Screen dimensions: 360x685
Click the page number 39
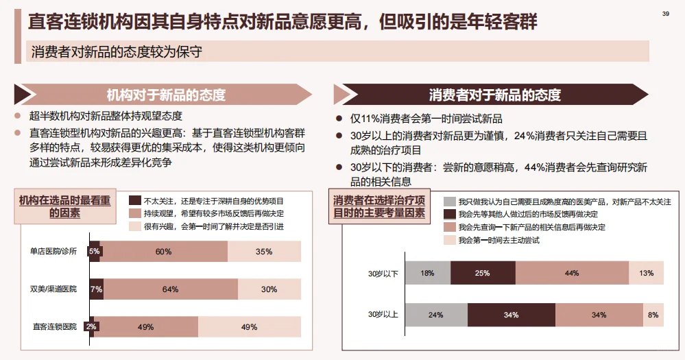tap(665, 14)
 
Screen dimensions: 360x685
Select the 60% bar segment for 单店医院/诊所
tap(164, 252)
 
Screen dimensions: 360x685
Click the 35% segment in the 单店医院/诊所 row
tap(264, 252)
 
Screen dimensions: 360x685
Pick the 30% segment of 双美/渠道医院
tap(269, 289)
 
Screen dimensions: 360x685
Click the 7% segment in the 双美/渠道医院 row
tap(97, 289)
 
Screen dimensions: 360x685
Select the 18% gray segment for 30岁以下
tap(427, 273)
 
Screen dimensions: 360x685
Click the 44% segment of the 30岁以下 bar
tap(572, 273)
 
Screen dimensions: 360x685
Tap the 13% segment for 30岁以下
tap(646, 273)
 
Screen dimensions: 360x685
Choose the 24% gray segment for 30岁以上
tap(436, 315)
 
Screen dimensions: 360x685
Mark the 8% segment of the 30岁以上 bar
tap(653, 315)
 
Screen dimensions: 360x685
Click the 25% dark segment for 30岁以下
tap(483, 273)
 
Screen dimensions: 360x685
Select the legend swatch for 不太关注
tap(134, 201)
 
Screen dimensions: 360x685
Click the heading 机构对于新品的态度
tap(166, 95)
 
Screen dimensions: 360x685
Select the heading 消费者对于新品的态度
tap(494, 95)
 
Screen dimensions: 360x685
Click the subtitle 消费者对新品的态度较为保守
tap(117, 51)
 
